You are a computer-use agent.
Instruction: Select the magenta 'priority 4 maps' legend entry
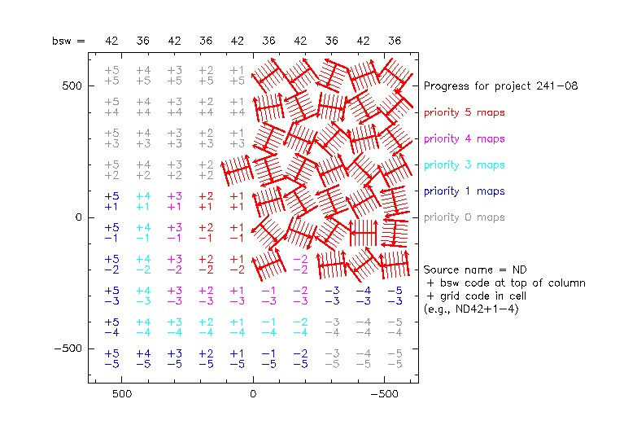(464, 138)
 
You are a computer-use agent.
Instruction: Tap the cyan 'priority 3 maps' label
(464, 164)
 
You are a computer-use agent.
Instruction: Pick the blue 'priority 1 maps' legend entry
(464, 191)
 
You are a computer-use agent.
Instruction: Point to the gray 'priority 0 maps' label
(464, 217)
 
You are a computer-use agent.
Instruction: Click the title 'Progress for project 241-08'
(500, 85)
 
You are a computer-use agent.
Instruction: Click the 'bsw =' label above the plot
(68, 41)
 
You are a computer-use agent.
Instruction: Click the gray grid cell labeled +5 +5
(112, 76)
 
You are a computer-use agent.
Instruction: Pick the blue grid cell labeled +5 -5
(112, 359)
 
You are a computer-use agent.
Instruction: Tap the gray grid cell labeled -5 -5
(395, 359)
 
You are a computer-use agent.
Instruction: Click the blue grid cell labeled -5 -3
(395, 296)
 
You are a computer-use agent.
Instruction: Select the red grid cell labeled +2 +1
(206, 201)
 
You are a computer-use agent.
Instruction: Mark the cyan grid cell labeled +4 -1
(143, 233)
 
